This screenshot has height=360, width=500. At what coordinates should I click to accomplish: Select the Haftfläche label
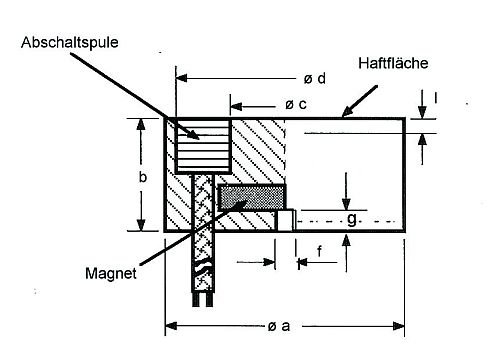(392, 63)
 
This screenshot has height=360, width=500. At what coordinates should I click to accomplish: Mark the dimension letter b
(142, 176)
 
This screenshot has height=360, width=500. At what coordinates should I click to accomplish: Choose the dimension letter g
(351, 218)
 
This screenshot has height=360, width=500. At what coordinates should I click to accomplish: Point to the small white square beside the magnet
(284, 220)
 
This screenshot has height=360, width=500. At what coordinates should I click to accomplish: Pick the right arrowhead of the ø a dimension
(403, 325)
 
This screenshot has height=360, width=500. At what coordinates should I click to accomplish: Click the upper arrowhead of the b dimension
(142, 122)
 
